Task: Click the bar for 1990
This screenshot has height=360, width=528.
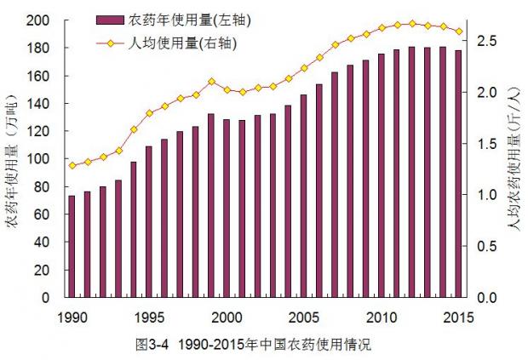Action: [x=72, y=247]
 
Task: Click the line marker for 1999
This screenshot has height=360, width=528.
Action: [x=211, y=82]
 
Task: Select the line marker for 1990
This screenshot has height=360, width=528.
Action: [x=72, y=165]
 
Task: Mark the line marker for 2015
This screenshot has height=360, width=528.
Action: [x=458, y=31]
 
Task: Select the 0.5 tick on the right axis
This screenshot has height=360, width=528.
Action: [x=485, y=246]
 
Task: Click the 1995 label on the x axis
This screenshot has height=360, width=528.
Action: [x=149, y=317]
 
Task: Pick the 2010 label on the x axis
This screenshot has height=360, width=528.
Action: [x=382, y=317]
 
